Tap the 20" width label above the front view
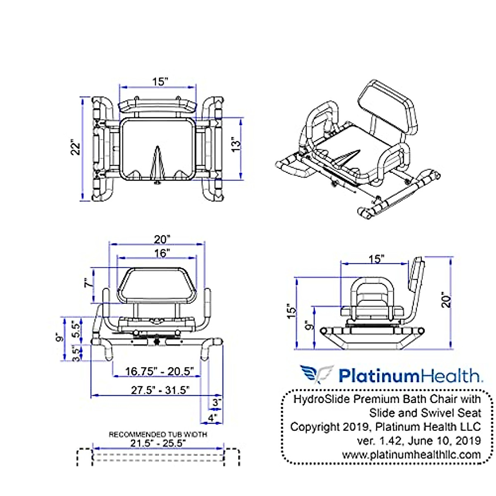162,239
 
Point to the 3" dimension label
217,402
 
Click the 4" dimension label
212,417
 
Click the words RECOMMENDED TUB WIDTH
158,434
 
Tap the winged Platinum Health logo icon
316,374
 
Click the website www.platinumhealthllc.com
411,455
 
